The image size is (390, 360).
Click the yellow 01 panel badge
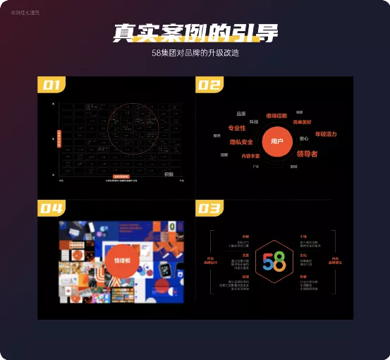point(51,85)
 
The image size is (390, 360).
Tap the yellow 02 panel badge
point(209,85)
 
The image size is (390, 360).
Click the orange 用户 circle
point(277,141)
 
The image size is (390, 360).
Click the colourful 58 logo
point(274,260)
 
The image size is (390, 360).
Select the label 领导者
point(307,153)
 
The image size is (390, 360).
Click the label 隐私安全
point(241,142)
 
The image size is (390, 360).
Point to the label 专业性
point(237,128)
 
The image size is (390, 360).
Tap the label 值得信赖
point(276,115)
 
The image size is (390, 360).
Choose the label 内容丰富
point(250,155)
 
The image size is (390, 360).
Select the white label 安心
point(304,138)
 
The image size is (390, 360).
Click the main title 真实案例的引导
point(195,33)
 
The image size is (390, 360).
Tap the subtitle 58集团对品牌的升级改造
point(195,53)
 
